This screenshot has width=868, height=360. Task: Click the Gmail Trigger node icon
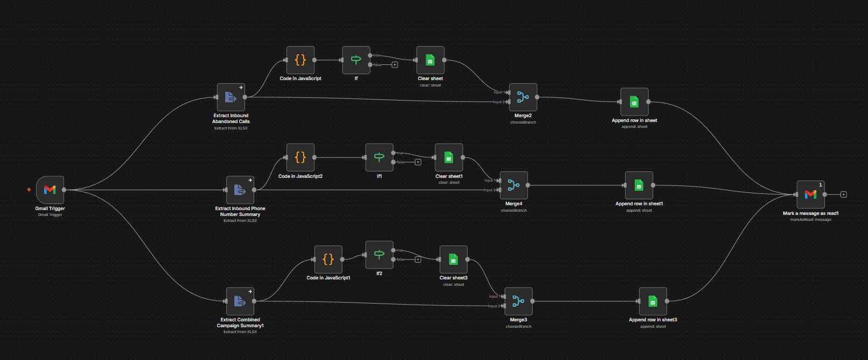click(50, 190)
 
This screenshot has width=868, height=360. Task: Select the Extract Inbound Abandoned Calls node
click(231, 97)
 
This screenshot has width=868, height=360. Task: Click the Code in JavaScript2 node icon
click(300, 157)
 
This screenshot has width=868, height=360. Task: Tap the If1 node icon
click(379, 157)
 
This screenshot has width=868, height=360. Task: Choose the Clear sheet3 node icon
click(453, 260)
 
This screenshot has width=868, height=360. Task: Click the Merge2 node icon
click(523, 97)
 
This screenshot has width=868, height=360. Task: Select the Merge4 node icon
click(513, 185)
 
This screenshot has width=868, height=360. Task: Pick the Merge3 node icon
click(518, 301)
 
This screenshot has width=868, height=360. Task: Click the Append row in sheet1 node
click(639, 185)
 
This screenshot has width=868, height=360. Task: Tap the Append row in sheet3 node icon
click(652, 301)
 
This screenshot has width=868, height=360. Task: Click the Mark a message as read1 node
click(810, 195)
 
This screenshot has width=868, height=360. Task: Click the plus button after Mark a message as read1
click(843, 195)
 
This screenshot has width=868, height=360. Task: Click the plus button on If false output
click(394, 65)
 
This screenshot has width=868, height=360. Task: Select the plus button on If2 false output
click(418, 260)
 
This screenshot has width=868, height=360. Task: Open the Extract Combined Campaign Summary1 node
click(240, 301)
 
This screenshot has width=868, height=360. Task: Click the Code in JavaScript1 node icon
click(328, 260)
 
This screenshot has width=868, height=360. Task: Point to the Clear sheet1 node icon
click(449, 157)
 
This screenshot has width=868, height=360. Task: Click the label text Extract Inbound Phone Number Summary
click(240, 211)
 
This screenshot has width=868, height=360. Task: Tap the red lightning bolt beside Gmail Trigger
click(29, 190)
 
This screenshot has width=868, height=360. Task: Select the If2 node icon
click(379, 255)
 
